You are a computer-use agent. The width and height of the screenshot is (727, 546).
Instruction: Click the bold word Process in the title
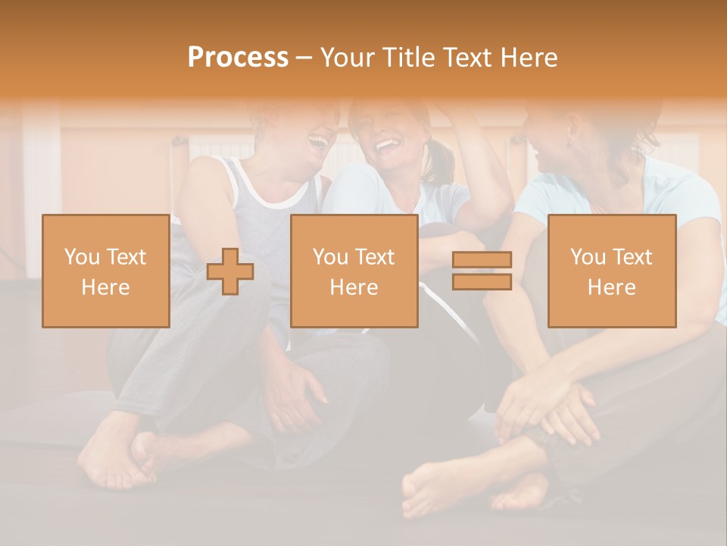click(238, 57)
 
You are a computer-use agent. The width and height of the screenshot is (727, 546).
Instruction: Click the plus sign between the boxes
click(231, 271)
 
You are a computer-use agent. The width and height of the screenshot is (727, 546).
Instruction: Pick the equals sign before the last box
click(482, 271)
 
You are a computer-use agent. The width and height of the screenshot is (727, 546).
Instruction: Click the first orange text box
click(105, 271)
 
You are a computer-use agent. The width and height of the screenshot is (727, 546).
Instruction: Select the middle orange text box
click(354, 271)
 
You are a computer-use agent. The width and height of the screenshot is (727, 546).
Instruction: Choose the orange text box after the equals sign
click(611, 271)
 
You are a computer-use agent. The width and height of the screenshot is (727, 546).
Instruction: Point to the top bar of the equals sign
click(482, 259)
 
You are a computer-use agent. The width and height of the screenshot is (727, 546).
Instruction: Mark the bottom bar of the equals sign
click(482, 282)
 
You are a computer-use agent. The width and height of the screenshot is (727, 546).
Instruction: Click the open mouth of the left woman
click(318, 141)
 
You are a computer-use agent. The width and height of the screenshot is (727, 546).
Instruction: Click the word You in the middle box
click(330, 257)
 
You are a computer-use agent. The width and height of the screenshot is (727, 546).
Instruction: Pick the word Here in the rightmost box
click(611, 287)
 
